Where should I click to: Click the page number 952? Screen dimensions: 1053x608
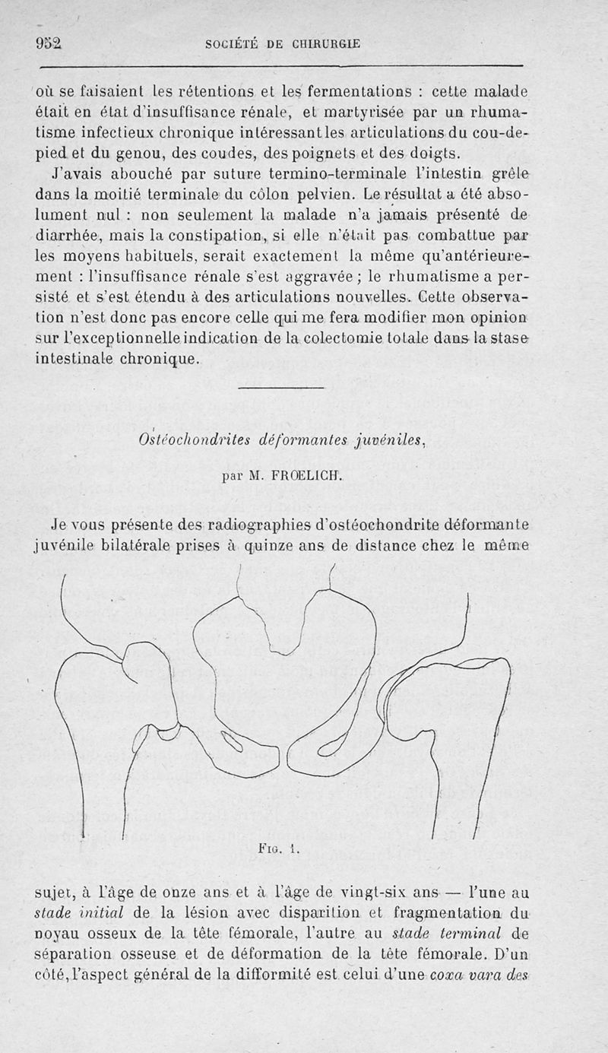pyautogui.click(x=48, y=43)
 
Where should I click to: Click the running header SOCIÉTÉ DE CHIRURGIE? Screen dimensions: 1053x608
pyautogui.click(x=283, y=44)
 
